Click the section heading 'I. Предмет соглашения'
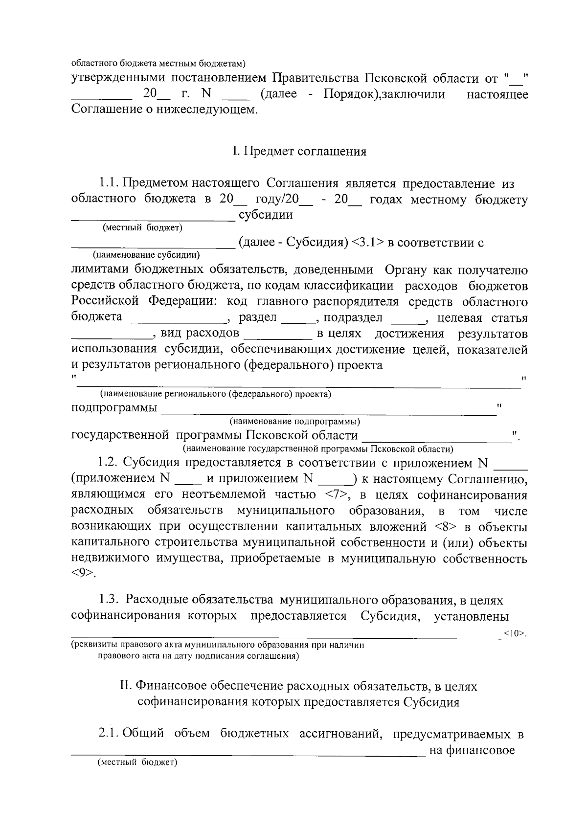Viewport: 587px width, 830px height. pos(299,151)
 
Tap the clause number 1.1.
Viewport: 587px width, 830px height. pos(109,184)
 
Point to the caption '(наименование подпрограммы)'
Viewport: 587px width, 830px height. pos(295,421)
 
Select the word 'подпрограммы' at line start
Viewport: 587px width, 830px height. pos(114,408)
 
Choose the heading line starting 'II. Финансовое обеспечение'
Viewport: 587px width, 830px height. pos(298,687)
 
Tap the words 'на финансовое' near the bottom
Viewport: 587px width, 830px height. pos(472,750)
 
